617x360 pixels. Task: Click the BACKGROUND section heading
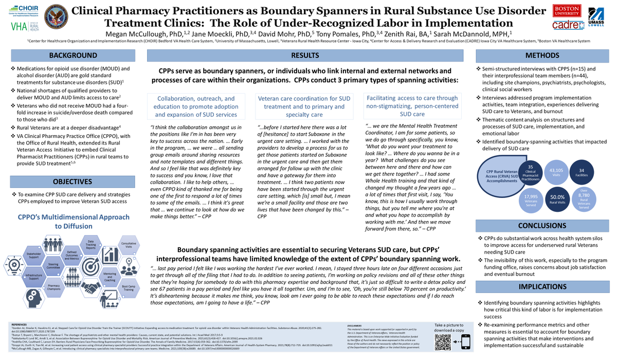pos(72,55)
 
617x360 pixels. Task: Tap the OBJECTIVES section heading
pos(72,182)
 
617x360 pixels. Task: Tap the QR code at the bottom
pos(443,342)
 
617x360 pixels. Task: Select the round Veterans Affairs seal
pos(56,17)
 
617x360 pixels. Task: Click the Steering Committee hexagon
pos(53,265)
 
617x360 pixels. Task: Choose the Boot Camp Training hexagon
pos(128,287)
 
